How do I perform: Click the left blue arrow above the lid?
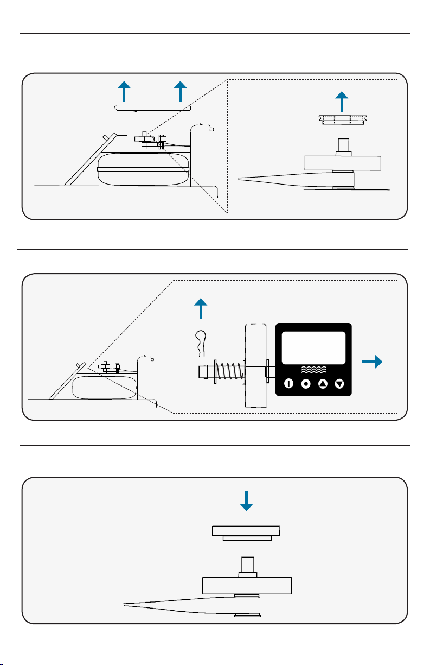[x=124, y=91]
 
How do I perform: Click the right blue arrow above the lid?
[x=180, y=91]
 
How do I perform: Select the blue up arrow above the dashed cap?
[x=341, y=102]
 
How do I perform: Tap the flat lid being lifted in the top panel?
[x=153, y=107]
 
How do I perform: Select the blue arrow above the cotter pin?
[x=201, y=309]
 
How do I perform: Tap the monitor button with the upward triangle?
[x=323, y=384]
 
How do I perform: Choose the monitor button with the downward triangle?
[x=340, y=384]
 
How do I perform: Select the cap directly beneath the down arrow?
[x=246, y=532]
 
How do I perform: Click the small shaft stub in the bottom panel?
[x=247, y=566]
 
